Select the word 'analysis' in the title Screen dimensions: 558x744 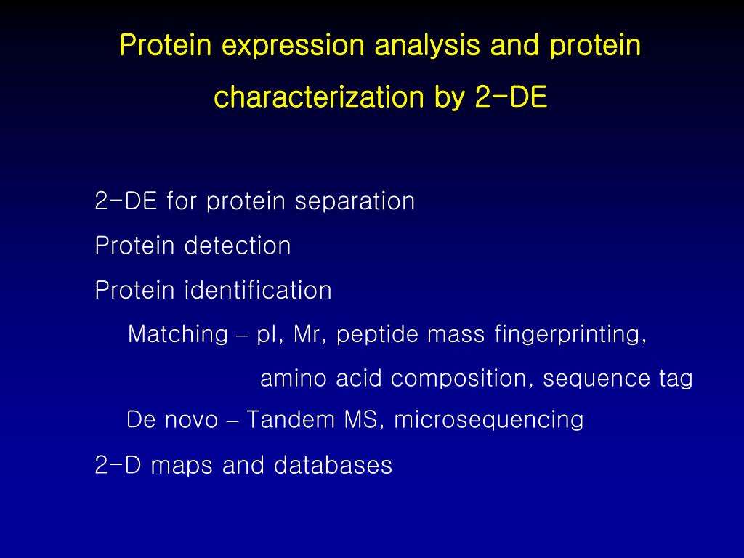(427, 46)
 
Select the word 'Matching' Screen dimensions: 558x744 (178, 335)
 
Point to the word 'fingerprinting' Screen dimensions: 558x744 (570, 335)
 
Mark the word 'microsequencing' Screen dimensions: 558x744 (488, 420)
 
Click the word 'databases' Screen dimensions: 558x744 (333, 465)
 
